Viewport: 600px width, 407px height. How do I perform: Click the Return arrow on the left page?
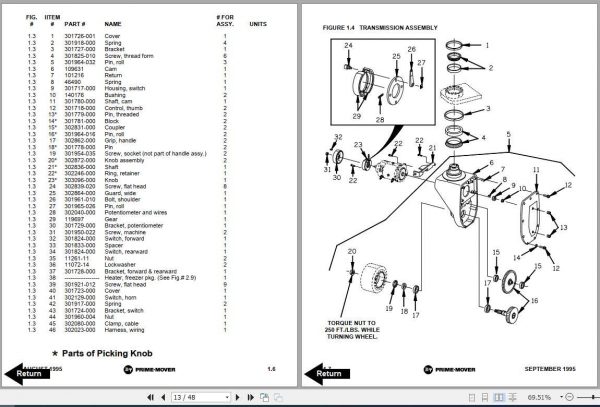pos(27,374)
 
